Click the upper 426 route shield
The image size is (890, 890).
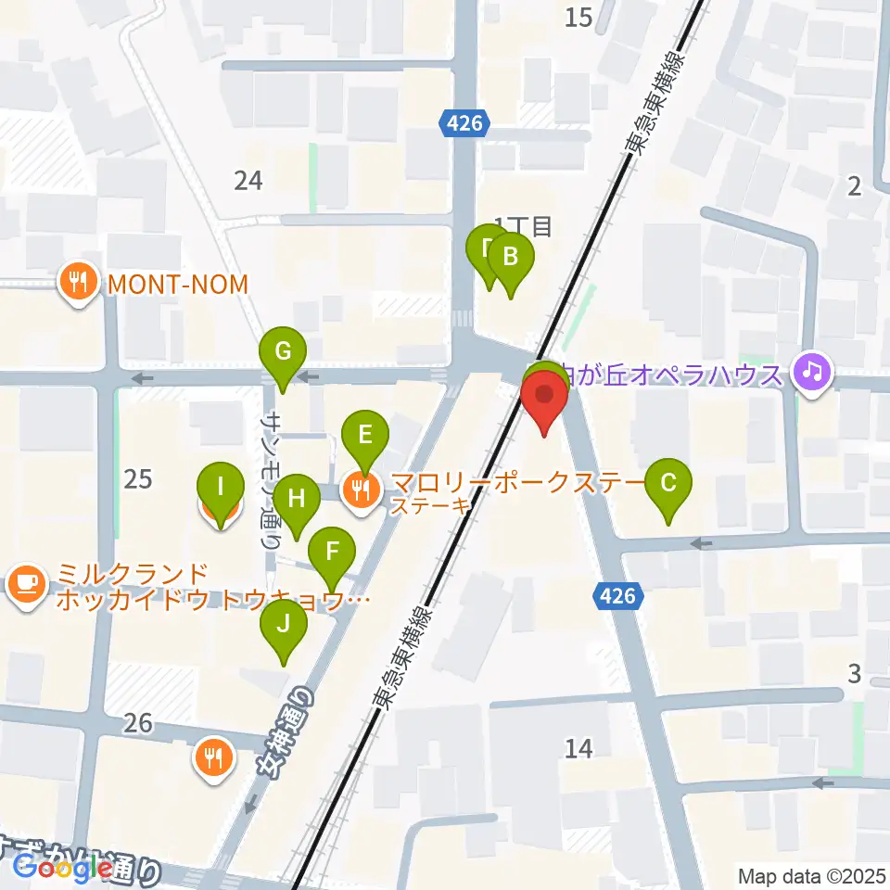(x=464, y=123)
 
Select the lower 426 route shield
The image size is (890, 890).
(x=617, y=596)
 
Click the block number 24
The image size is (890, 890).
(x=248, y=180)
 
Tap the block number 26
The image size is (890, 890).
(x=137, y=722)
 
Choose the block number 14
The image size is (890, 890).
(x=578, y=747)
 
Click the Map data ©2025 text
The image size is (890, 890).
(x=811, y=875)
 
